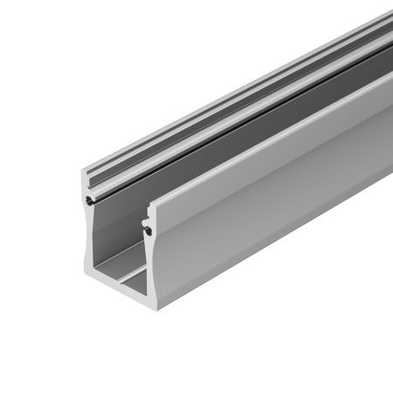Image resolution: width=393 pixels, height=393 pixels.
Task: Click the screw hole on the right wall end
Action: (148, 231)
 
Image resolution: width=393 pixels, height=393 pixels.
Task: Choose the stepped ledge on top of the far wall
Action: (218, 87)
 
